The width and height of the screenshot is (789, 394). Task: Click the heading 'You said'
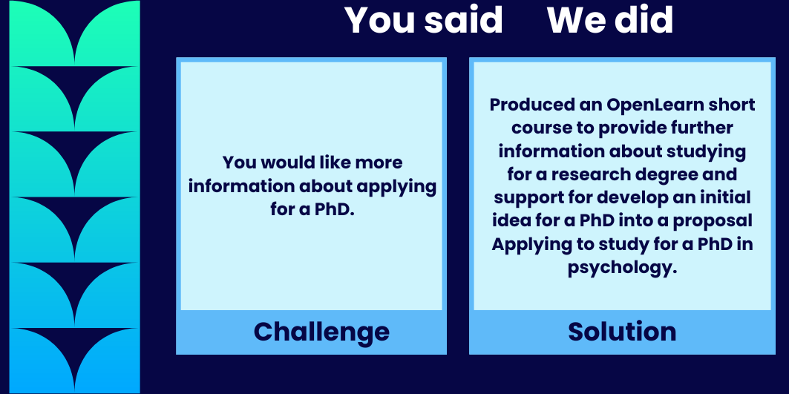click(x=424, y=21)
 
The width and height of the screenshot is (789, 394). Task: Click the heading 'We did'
click(x=610, y=21)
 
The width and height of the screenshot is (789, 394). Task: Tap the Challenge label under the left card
click(x=321, y=332)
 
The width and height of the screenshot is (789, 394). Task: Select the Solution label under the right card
click(x=622, y=332)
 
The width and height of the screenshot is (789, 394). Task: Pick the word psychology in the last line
click(x=622, y=268)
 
